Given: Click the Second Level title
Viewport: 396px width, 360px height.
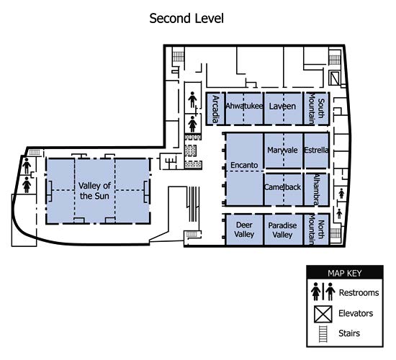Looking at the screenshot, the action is [186, 19].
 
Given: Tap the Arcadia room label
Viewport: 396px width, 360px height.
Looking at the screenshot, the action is [215, 109].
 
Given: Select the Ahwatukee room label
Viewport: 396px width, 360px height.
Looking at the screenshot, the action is [244, 106].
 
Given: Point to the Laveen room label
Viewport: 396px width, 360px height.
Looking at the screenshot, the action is [282, 107].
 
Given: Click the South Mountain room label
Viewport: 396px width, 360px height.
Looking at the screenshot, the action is [317, 109].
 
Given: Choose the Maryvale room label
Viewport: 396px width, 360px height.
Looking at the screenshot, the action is [282, 150].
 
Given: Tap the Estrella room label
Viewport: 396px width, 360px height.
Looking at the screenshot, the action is [316, 150].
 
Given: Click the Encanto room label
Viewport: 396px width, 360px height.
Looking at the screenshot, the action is [244, 165].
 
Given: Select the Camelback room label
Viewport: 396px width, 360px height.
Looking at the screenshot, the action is [282, 187].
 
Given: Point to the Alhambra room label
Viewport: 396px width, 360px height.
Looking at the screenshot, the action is [317, 189].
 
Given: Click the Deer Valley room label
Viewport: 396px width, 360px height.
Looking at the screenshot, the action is [244, 230].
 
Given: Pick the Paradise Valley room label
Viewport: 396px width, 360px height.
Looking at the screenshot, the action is [282, 230].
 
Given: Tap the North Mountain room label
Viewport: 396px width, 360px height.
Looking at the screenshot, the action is [317, 230].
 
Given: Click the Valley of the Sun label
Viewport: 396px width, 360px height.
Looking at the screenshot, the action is [94, 191].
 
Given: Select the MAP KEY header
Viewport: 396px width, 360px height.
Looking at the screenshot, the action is [345, 273].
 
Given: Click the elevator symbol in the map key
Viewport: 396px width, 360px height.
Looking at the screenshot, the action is [323, 314].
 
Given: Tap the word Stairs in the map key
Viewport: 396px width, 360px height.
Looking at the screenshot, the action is [349, 333].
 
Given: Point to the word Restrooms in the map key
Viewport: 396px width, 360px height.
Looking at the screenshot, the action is [359, 292].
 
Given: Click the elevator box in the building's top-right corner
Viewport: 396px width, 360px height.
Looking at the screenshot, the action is [335, 78].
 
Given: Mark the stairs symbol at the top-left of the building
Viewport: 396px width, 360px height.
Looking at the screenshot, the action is [179, 57].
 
